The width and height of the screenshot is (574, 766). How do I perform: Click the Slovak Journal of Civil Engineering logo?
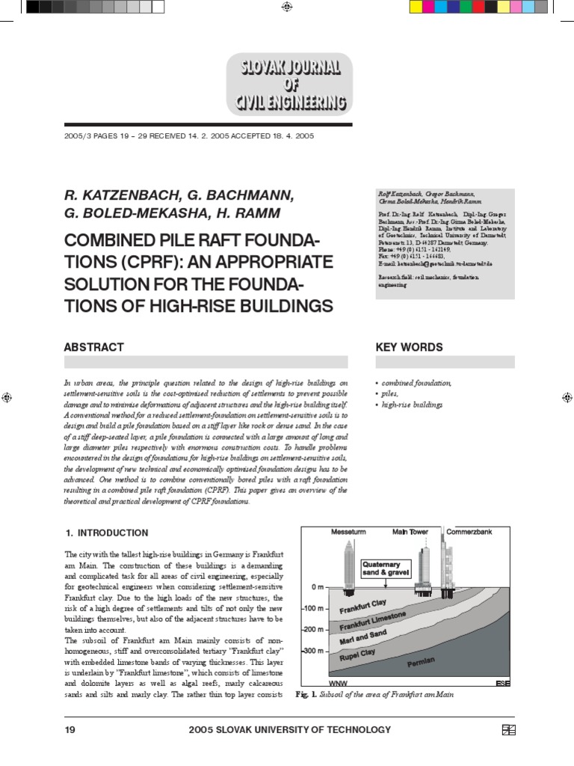coord(286,84)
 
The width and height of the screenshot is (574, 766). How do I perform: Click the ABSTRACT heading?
coord(93,347)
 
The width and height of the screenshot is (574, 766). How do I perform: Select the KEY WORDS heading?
coord(408,347)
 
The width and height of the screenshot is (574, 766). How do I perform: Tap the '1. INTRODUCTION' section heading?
coord(106,533)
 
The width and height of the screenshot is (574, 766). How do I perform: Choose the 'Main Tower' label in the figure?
coord(410,533)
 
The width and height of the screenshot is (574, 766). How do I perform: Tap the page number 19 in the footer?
coord(72,730)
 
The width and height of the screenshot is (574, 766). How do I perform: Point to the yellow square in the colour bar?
coord(417,7)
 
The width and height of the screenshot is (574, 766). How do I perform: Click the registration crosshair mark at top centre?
coord(287,7)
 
